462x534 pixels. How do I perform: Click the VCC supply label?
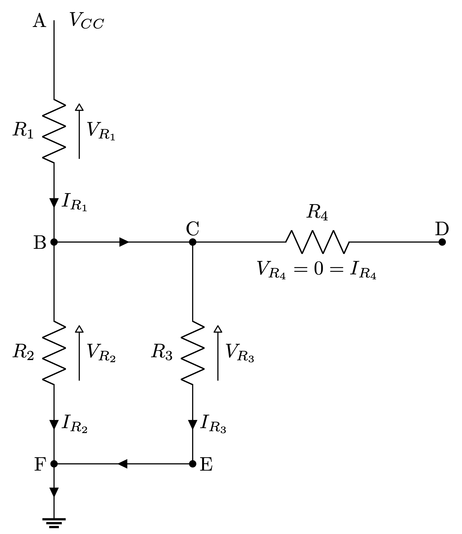tap(87, 21)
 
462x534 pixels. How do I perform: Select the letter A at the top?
tap(39, 21)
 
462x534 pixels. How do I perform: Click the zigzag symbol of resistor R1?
tap(54, 131)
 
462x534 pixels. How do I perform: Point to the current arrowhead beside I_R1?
tap(54, 203)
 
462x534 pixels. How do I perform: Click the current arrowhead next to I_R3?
tap(192, 424)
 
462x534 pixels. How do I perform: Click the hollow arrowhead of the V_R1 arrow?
tap(79, 107)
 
